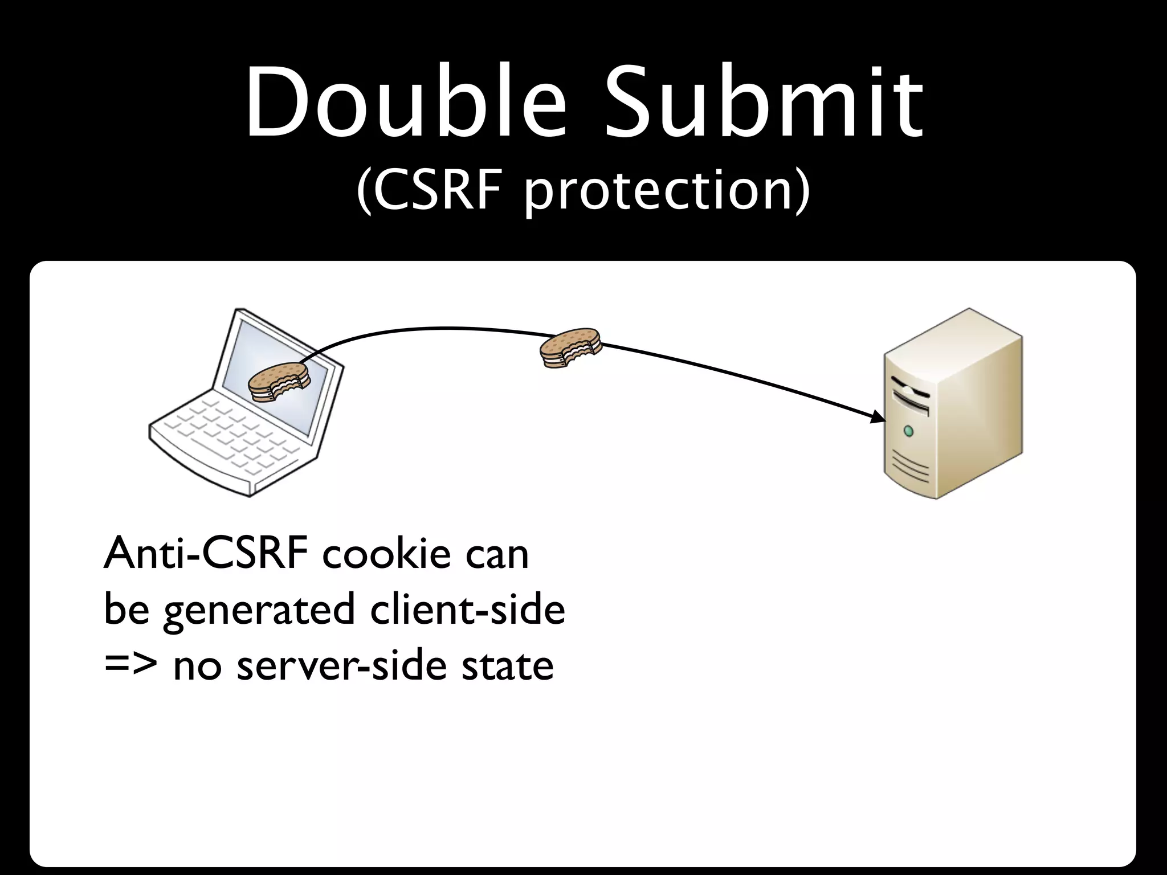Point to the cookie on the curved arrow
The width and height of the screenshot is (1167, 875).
(x=570, y=347)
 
